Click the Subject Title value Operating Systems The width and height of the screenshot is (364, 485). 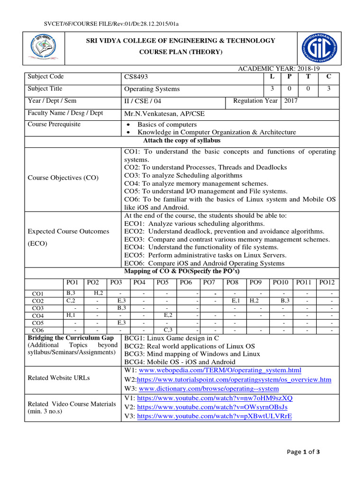point(152,89)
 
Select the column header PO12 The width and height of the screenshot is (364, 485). point(327,283)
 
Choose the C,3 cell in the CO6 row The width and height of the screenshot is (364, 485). point(168,330)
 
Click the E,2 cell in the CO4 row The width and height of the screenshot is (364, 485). point(168,315)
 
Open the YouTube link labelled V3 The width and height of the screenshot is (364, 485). point(214,416)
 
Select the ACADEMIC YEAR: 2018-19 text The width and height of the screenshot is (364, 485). point(289,70)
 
